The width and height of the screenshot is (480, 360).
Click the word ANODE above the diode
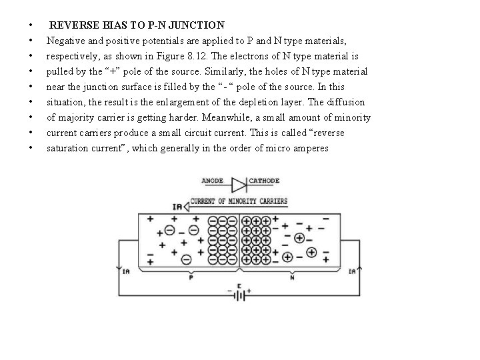[x=213, y=181]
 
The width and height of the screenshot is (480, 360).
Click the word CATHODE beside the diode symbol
[x=264, y=181]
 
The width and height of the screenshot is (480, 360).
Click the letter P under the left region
[x=191, y=279]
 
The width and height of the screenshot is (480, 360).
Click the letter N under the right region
[x=292, y=279]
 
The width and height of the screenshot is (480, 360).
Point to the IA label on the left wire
[x=126, y=271]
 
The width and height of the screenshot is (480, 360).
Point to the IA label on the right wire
[x=352, y=271]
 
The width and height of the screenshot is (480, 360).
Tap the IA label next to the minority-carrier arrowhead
[x=177, y=207]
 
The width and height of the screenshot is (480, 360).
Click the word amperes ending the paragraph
[x=311, y=148]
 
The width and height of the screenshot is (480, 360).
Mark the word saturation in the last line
[x=69, y=148]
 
